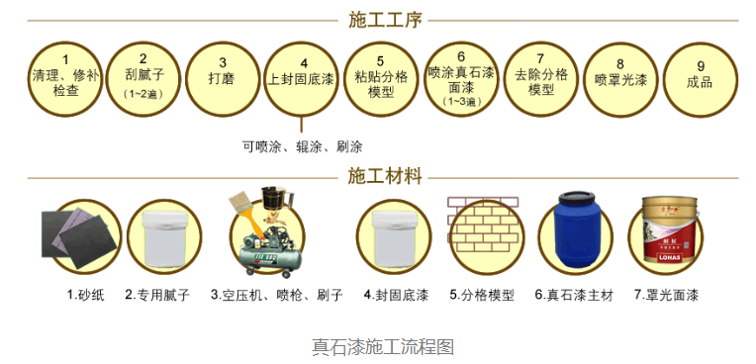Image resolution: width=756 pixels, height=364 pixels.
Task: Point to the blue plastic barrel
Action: (575, 234)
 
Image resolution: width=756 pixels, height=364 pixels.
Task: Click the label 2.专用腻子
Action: (157, 295)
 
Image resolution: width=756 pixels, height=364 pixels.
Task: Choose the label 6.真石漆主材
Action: (575, 295)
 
